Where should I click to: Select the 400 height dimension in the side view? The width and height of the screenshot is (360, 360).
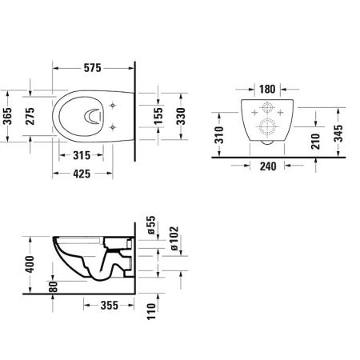(x=30, y=263)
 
